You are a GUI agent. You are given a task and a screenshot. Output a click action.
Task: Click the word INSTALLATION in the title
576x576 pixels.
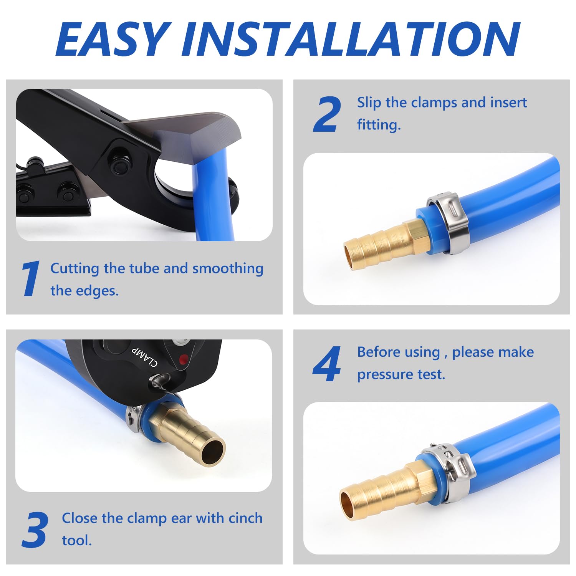(351, 39)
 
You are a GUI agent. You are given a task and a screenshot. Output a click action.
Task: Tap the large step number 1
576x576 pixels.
(30, 278)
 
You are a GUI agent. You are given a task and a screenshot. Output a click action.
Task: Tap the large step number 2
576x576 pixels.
(327, 114)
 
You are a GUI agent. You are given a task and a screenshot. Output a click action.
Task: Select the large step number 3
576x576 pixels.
(35, 530)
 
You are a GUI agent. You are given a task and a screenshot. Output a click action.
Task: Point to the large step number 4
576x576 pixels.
(327, 364)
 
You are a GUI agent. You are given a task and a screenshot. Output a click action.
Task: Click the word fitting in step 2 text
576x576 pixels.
(379, 125)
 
